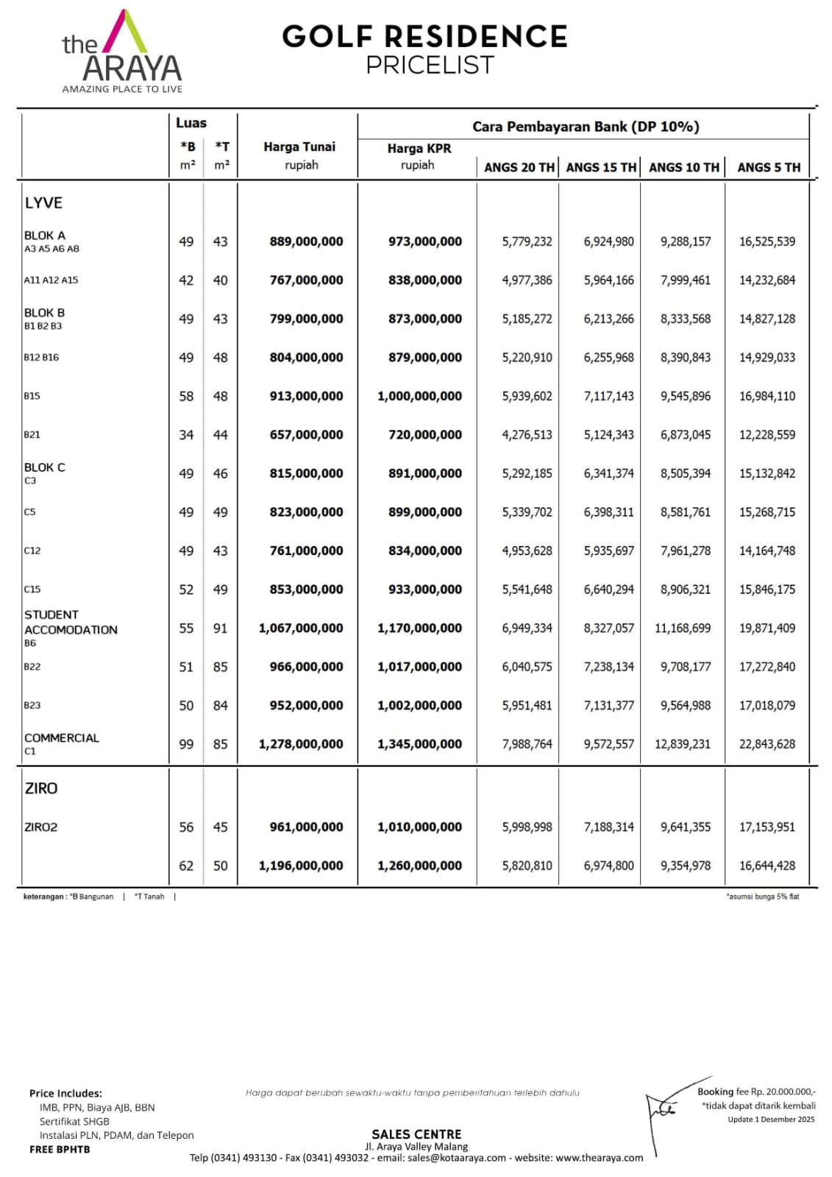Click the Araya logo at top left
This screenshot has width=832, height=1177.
(x=122, y=52)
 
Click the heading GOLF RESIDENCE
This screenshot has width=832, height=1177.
(x=424, y=36)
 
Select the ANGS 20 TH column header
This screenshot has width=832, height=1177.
(x=519, y=167)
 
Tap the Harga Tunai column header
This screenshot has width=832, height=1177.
(x=299, y=147)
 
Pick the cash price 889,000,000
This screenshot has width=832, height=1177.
(x=306, y=241)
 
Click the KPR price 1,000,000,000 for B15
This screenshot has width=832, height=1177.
(x=419, y=396)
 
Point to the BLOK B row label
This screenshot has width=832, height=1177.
(x=44, y=313)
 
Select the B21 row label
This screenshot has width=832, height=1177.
(x=32, y=435)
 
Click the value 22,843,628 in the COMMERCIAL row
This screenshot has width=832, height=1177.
(x=767, y=744)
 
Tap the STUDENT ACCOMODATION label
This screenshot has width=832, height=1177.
(x=71, y=622)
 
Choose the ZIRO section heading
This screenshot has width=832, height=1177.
(x=41, y=788)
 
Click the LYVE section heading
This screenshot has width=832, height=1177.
(x=43, y=203)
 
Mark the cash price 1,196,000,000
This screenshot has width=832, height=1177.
(x=301, y=866)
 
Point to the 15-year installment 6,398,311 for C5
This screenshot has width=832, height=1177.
(x=608, y=512)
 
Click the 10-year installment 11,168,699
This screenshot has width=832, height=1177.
(x=683, y=628)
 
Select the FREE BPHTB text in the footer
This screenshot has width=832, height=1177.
(x=60, y=1149)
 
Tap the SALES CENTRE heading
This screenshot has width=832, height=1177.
(x=416, y=1134)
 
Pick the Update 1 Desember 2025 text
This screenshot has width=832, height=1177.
(x=771, y=1120)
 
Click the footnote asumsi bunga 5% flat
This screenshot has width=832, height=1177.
(x=762, y=897)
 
